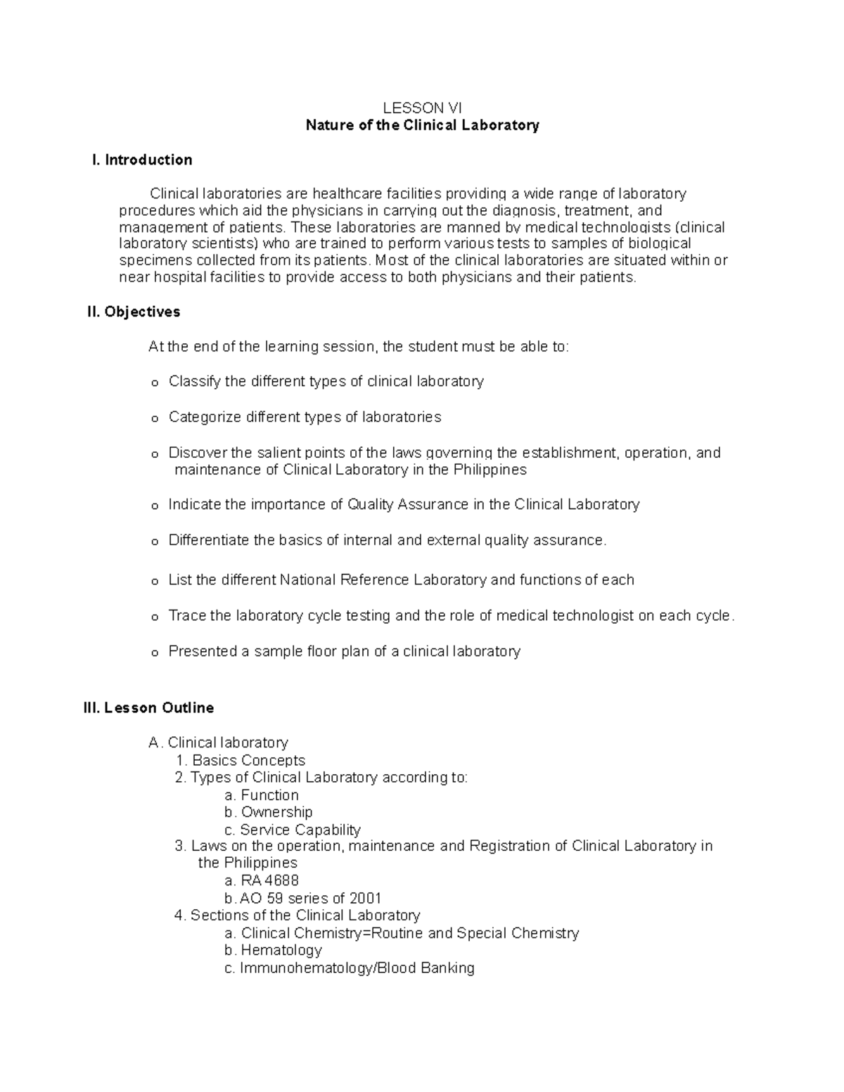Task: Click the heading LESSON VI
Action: pyautogui.click(x=422, y=108)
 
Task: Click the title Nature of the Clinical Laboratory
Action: pyautogui.click(x=422, y=125)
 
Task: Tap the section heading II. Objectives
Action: pyautogui.click(x=134, y=311)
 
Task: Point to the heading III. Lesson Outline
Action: pyautogui.click(x=148, y=707)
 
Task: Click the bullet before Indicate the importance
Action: pyautogui.click(x=155, y=506)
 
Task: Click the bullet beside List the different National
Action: pyautogui.click(x=155, y=582)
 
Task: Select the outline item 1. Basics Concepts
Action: pyautogui.click(x=241, y=760)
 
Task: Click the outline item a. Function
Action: pyautogui.click(x=262, y=795)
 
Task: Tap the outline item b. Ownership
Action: pyautogui.click(x=268, y=811)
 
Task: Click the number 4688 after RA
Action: pyautogui.click(x=281, y=880)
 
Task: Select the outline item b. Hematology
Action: pyautogui.click(x=273, y=950)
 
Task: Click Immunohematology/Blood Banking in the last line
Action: pyautogui.click(x=357, y=968)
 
